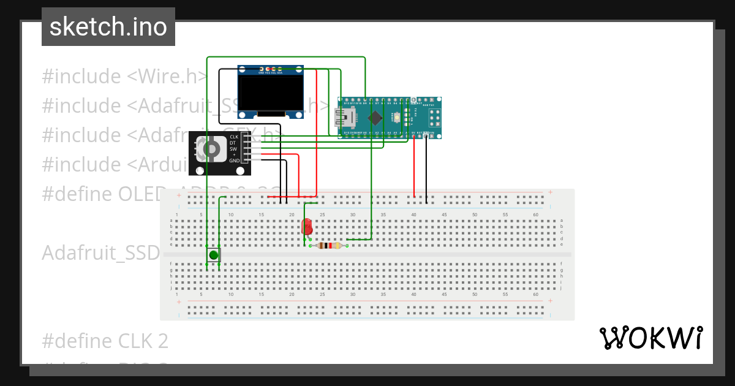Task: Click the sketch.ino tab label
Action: (x=108, y=27)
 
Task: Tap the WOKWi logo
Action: (x=650, y=338)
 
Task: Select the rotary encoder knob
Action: (x=210, y=149)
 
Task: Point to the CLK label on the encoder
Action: (x=233, y=137)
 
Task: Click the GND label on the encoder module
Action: (x=234, y=160)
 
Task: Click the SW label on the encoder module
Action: (x=233, y=149)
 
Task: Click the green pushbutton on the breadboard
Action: (x=213, y=255)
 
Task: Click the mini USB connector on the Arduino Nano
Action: (x=341, y=117)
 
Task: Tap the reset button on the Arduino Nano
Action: (x=398, y=117)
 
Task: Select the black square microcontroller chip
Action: (x=375, y=117)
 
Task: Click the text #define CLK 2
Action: (x=105, y=341)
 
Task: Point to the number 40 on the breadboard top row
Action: (x=414, y=214)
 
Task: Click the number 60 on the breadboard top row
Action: (x=535, y=214)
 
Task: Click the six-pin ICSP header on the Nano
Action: (x=432, y=117)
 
